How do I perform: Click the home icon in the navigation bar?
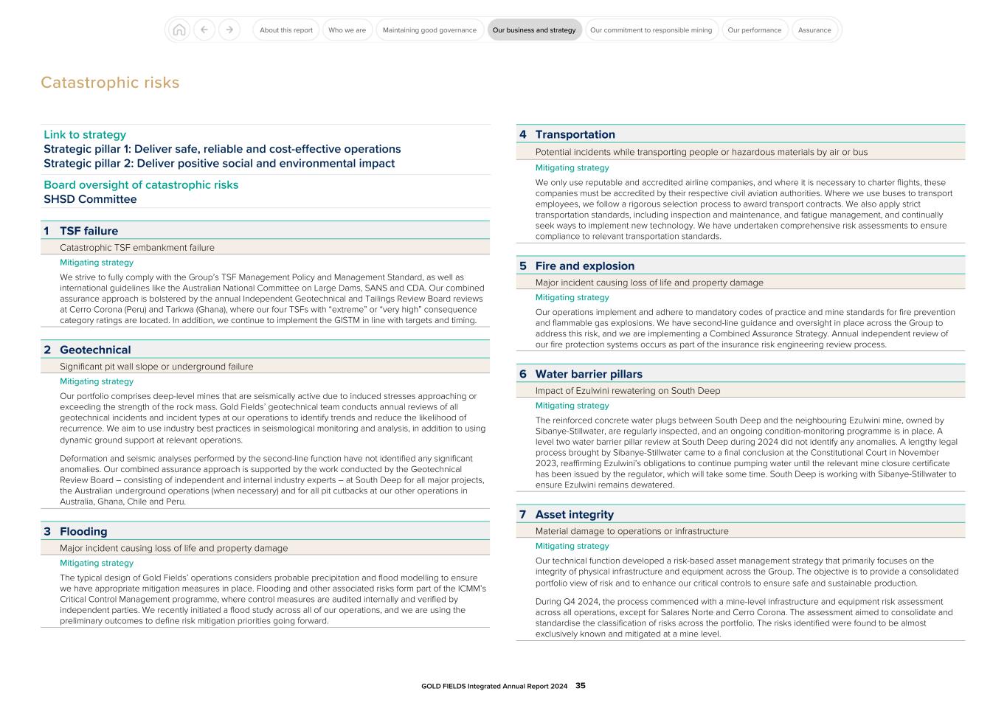tap(179, 30)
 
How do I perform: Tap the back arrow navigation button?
tap(204, 30)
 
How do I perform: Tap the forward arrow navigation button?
tap(229, 30)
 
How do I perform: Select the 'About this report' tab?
tap(286, 30)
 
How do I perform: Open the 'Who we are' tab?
tap(347, 30)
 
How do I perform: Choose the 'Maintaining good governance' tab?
tap(429, 30)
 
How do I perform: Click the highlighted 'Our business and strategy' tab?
tap(534, 30)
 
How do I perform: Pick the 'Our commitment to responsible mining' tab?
tap(651, 30)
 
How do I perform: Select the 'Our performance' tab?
tap(754, 30)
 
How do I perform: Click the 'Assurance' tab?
tap(814, 30)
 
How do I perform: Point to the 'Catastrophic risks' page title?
tap(110, 83)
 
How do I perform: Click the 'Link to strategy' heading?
tap(85, 135)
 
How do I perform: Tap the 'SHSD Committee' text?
tap(90, 199)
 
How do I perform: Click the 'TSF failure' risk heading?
tap(89, 231)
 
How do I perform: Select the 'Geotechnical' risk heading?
tap(95, 350)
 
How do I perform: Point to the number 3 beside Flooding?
tap(47, 532)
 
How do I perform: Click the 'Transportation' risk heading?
tap(575, 134)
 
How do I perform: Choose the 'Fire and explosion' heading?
tap(584, 266)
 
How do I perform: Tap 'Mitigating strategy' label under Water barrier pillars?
tap(572, 406)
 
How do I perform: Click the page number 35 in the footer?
tap(581, 686)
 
